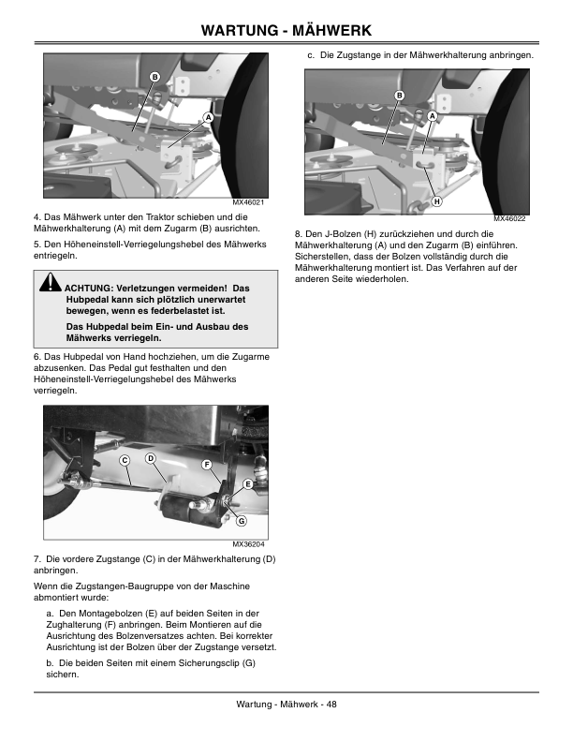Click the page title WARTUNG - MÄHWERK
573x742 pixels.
click(286, 30)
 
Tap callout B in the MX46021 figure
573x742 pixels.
click(154, 77)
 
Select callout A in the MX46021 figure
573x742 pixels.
click(208, 117)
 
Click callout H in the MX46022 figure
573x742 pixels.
click(437, 201)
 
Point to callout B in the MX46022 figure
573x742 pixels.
click(400, 96)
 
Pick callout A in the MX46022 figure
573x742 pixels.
click(432, 116)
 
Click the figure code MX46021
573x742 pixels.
click(248, 202)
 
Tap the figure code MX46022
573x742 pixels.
click(509, 218)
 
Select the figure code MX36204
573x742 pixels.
click(248, 544)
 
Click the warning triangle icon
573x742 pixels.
click(51, 282)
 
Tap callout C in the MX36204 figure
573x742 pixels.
click(125, 460)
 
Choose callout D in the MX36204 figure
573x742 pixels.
click(151, 458)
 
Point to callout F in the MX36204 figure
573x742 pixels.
click(207, 465)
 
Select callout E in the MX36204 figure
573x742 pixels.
click(248, 484)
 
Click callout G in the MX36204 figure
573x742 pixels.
click(242, 521)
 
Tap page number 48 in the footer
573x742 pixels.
click(331, 705)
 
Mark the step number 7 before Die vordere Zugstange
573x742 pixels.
click(37, 559)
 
